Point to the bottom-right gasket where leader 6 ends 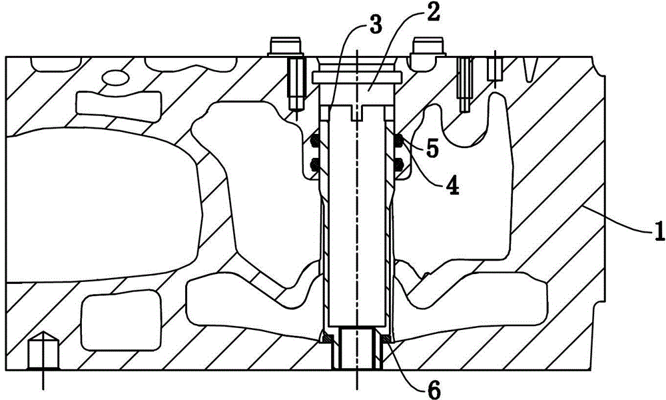tap(388, 339)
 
